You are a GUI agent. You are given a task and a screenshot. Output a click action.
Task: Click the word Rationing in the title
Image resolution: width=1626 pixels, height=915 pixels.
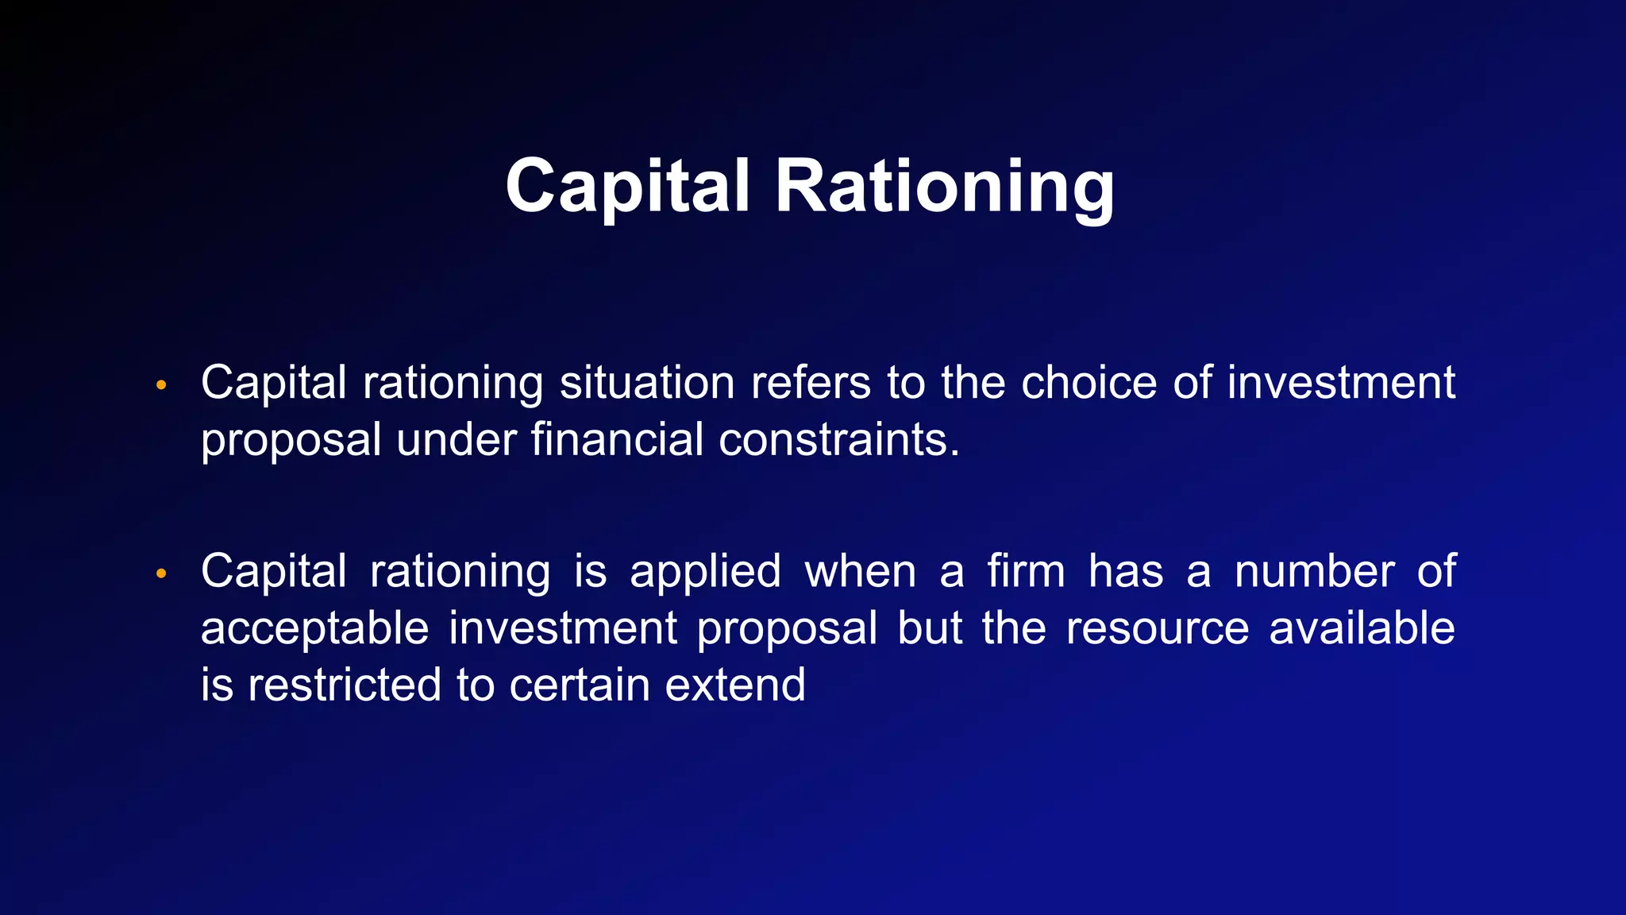click(x=945, y=186)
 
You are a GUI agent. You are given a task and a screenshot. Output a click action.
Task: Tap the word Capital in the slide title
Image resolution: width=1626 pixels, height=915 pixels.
click(x=627, y=186)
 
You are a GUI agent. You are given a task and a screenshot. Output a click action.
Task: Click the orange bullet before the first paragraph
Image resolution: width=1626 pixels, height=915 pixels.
click(x=161, y=386)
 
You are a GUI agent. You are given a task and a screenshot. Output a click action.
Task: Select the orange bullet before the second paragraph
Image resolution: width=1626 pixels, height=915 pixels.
click(x=161, y=574)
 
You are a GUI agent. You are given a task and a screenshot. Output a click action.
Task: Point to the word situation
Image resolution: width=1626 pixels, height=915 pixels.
click(x=647, y=383)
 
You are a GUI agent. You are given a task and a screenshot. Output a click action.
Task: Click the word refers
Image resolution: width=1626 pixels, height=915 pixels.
click(x=811, y=383)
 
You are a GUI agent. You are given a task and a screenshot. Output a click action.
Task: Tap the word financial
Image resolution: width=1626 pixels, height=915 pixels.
click(x=617, y=439)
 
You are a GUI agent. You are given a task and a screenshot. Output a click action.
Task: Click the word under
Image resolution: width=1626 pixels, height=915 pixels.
click(x=456, y=439)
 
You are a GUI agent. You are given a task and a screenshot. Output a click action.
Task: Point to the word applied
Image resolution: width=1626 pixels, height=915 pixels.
click(x=705, y=572)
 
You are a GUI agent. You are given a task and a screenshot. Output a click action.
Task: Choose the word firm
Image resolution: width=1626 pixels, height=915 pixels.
click(x=1026, y=572)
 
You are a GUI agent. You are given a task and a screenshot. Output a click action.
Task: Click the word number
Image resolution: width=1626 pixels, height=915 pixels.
click(x=1314, y=572)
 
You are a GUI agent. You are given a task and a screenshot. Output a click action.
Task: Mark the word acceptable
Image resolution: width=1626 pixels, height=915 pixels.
click(x=314, y=629)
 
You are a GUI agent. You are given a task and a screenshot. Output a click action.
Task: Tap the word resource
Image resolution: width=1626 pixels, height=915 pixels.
click(x=1157, y=629)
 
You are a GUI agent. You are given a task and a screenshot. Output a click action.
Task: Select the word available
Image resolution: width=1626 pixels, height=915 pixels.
click(x=1362, y=629)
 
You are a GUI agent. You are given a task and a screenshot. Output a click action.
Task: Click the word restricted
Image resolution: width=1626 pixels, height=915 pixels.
click(x=344, y=685)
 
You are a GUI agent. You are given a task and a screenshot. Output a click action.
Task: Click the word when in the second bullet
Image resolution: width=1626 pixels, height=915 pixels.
click(x=861, y=572)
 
